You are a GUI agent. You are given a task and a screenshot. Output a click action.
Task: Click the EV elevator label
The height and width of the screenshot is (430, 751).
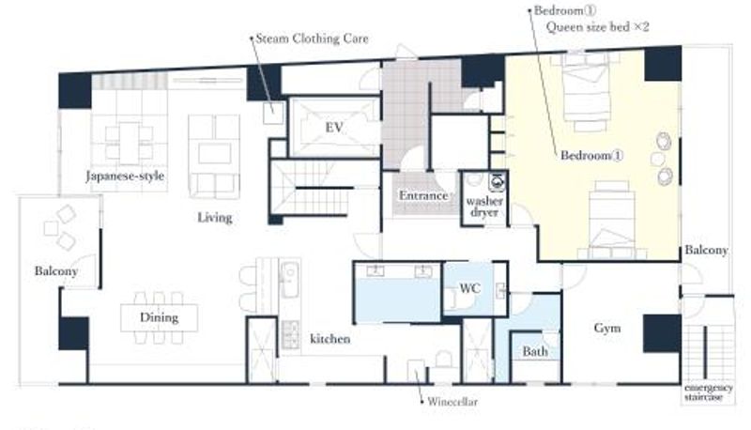pos(334,128)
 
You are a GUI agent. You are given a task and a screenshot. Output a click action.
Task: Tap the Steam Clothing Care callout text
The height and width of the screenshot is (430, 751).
pos(313,38)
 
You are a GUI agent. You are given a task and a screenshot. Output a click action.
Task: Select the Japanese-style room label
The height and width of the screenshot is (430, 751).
pos(126,176)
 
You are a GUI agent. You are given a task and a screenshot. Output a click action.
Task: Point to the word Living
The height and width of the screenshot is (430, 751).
pos(215,218)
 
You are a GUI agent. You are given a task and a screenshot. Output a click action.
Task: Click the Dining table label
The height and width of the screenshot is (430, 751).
pos(159,317)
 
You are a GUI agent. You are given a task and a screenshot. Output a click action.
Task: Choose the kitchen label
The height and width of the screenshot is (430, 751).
pos(330,339)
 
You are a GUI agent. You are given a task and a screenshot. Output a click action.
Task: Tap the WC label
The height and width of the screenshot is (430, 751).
pos(470,288)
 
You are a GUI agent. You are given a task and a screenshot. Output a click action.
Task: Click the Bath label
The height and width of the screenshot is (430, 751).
pos(535,351)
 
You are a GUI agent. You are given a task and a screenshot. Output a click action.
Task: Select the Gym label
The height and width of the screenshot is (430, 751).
pos(607,329)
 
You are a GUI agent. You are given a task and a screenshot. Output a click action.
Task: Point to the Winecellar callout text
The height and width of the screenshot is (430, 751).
pos(452,401)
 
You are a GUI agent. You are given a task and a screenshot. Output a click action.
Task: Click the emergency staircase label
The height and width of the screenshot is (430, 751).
pos(709,392)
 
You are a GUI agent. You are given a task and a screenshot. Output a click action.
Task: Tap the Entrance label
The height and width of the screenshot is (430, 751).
pos(423,195)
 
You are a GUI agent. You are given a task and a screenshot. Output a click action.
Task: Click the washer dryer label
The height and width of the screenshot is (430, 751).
pos(484,207)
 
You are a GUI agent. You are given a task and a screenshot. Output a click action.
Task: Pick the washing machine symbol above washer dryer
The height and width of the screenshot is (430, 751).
pos(498,181)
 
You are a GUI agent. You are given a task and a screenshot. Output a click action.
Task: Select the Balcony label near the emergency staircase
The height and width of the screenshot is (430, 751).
pos(706,250)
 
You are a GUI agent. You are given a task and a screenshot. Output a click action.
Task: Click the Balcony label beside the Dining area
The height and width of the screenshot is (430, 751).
pos(56,271)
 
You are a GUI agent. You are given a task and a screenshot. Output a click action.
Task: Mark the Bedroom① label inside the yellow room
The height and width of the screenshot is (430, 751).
pos(591,156)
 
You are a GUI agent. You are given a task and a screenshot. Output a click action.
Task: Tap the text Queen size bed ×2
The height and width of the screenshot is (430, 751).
pos(598,27)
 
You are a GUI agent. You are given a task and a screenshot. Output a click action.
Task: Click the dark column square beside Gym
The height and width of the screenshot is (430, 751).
pos(662,333)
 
